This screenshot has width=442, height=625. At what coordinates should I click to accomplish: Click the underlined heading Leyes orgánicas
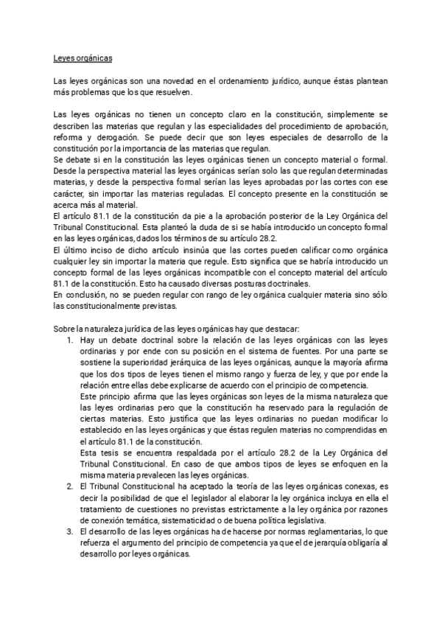82,57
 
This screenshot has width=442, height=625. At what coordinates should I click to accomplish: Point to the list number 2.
69,486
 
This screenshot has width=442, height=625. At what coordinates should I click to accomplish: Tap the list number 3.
69,532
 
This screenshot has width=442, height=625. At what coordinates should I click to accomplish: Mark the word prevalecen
143,475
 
